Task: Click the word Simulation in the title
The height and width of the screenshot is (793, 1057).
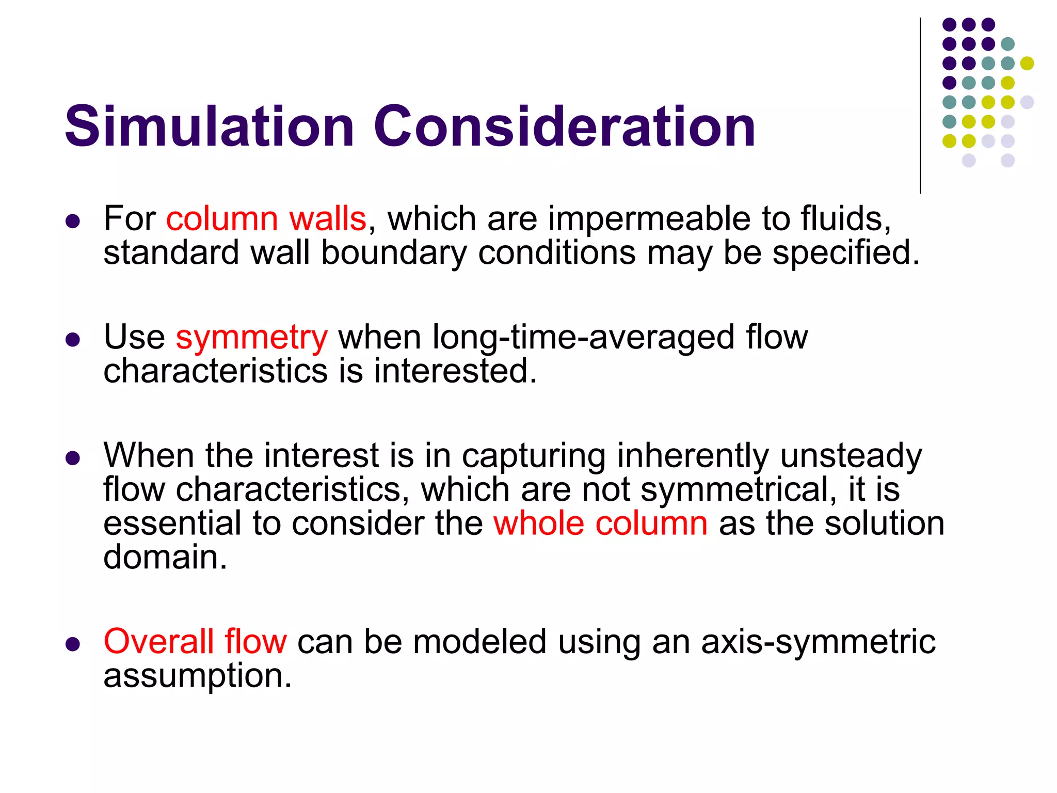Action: pos(209,126)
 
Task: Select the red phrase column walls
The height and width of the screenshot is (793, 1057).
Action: pos(266,219)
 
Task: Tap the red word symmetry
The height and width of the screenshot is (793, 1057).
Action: pos(251,338)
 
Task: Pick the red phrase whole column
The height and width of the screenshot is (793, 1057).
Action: pos(600,524)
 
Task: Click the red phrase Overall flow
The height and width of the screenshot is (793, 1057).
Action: pos(195,642)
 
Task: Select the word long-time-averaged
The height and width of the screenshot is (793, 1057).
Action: pos(583,338)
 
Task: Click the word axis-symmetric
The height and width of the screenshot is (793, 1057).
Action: pos(818,642)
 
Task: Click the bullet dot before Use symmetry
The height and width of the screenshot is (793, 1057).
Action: pos(73,340)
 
